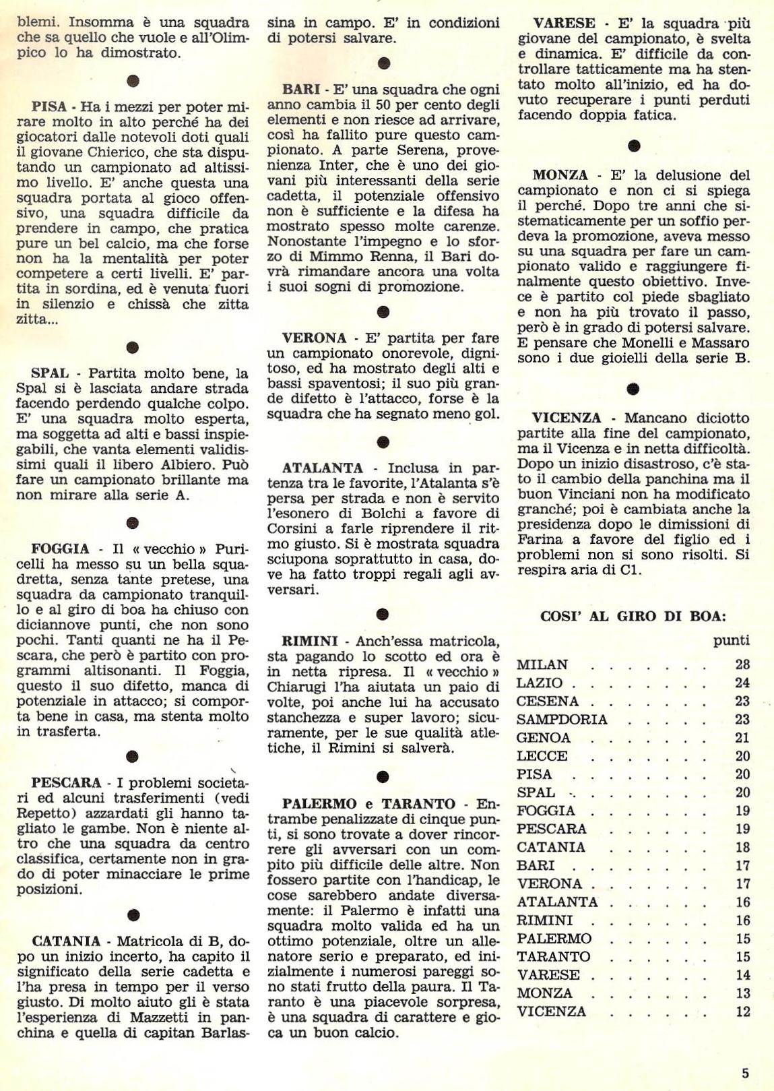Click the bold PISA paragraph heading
[49, 107]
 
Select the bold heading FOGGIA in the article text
[60, 549]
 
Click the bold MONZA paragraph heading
[560, 175]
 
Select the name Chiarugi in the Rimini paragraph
[296, 687]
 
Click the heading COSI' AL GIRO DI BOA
[633, 615]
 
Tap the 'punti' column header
[731, 641]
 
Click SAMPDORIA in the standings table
[562, 720]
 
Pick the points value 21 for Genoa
[742, 738]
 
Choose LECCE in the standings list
[542, 756]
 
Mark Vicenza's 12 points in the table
[742, 1011]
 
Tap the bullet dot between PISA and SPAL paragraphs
[133, 348]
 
